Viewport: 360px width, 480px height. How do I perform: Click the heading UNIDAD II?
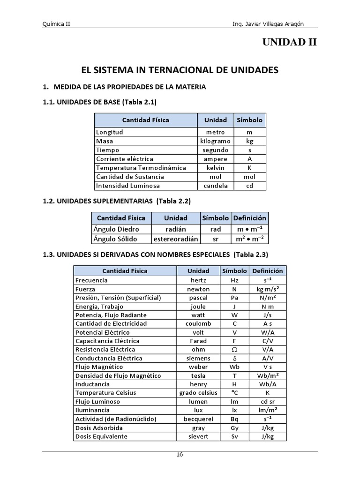click(289, 43)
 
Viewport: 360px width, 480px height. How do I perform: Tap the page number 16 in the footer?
click(180, 455)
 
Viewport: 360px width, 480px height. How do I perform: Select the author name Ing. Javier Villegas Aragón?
click(274, 24)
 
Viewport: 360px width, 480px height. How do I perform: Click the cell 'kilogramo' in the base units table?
click(215, 141)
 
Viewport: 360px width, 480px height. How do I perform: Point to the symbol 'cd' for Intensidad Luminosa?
click(249, 186)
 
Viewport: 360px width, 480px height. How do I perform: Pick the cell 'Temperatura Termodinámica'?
click(141, 168)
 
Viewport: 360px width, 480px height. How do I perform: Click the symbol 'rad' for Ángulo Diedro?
click(215, 229)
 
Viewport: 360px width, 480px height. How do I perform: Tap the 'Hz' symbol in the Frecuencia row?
click(234, 280)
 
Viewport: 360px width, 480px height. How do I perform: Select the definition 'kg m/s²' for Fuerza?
click(268, 289)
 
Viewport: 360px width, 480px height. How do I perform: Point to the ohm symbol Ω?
click(234, 350)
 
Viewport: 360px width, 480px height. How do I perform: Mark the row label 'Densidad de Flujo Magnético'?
click(118, 376)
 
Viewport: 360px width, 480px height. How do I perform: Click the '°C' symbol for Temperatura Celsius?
click(234, 393)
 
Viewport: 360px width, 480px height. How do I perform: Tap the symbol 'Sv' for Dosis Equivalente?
click(234, 436)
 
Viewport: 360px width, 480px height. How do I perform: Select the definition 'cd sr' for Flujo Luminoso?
click(268, 402)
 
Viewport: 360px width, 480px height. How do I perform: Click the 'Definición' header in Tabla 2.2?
click(249, 218)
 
